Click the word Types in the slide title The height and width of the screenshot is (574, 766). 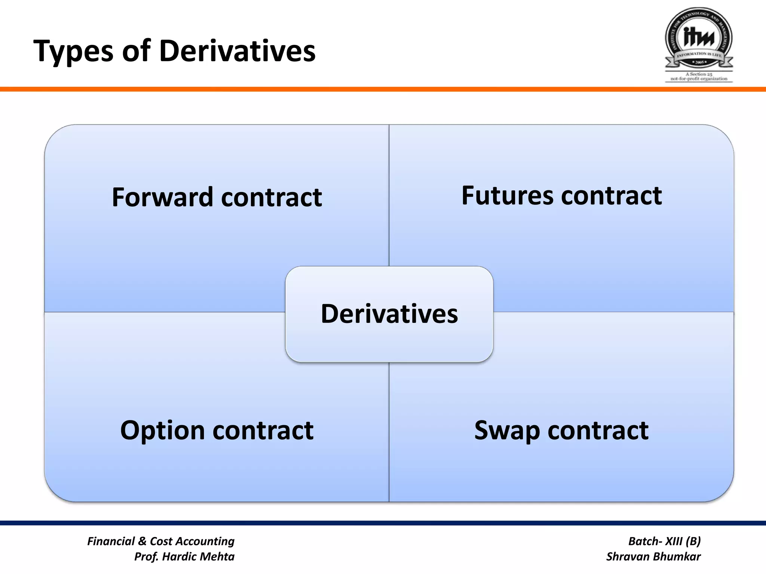pyautogui.click(x=73, y=51)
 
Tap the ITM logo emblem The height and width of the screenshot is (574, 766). pyautogui.click(x=698, y=39)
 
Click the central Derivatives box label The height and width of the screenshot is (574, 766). pyautogui.click(x=389, y=314)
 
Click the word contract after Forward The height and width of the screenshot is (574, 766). pyautogui.click(x=271, y=197)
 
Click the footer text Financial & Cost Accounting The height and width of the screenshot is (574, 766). pyautogui.click(x=161, y=541)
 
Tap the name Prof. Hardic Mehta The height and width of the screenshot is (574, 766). pyautogui.click(x=184, y=556)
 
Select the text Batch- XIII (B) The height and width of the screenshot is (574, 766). pyautogui.click(x=664, y=541)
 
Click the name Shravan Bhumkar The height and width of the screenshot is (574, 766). pyautogui.click(x=653, y=556)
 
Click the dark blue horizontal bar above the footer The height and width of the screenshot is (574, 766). pyautogui.click(x=383, y=523)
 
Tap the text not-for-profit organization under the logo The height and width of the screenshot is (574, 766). pyautogui.click(x=699, y=79)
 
